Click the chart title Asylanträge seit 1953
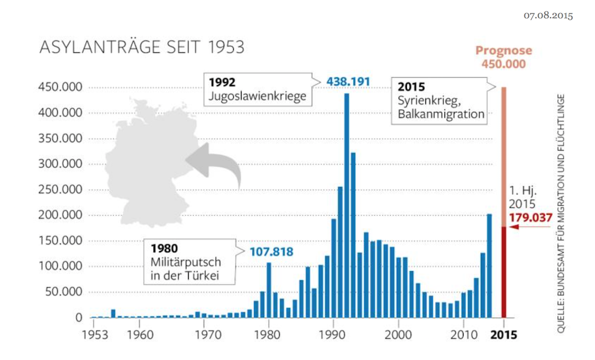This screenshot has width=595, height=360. (142, 48)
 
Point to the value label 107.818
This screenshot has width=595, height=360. (271, 252)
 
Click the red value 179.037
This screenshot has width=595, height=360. (531, 218)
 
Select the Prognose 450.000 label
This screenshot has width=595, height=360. (505, 57)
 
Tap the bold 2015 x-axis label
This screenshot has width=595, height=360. (505, 334)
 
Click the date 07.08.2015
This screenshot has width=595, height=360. (548, 15)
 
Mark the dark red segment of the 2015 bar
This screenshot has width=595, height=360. (505, 271)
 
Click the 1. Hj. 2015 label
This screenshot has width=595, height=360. (525, 197)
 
